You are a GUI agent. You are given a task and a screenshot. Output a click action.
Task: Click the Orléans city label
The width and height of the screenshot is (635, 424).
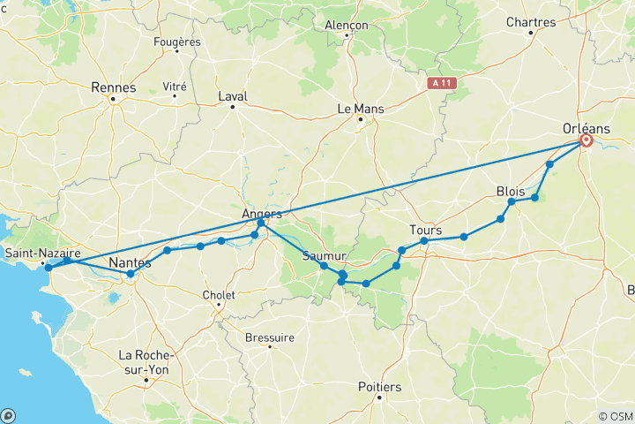click(586, 128)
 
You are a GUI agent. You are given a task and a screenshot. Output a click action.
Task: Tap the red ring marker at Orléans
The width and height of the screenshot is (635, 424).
click(586, 140)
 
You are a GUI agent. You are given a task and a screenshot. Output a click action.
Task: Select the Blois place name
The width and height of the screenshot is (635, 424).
click(511, 191)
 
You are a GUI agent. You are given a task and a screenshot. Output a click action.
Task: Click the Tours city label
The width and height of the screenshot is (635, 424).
click(425, 230)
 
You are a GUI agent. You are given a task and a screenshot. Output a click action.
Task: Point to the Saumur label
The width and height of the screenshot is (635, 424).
click(323, 256)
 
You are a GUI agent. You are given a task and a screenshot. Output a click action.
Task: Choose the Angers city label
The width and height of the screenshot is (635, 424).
click(262, 214)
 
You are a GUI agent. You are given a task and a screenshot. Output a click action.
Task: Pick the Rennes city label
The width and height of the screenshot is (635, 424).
click(113, 87)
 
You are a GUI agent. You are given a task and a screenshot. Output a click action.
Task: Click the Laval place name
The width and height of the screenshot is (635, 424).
click(233, 97)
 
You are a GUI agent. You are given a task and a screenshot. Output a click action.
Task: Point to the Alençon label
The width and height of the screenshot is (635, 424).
click(346, 26)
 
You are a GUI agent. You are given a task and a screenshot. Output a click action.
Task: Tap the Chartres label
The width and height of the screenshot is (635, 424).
click(530, 22)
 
